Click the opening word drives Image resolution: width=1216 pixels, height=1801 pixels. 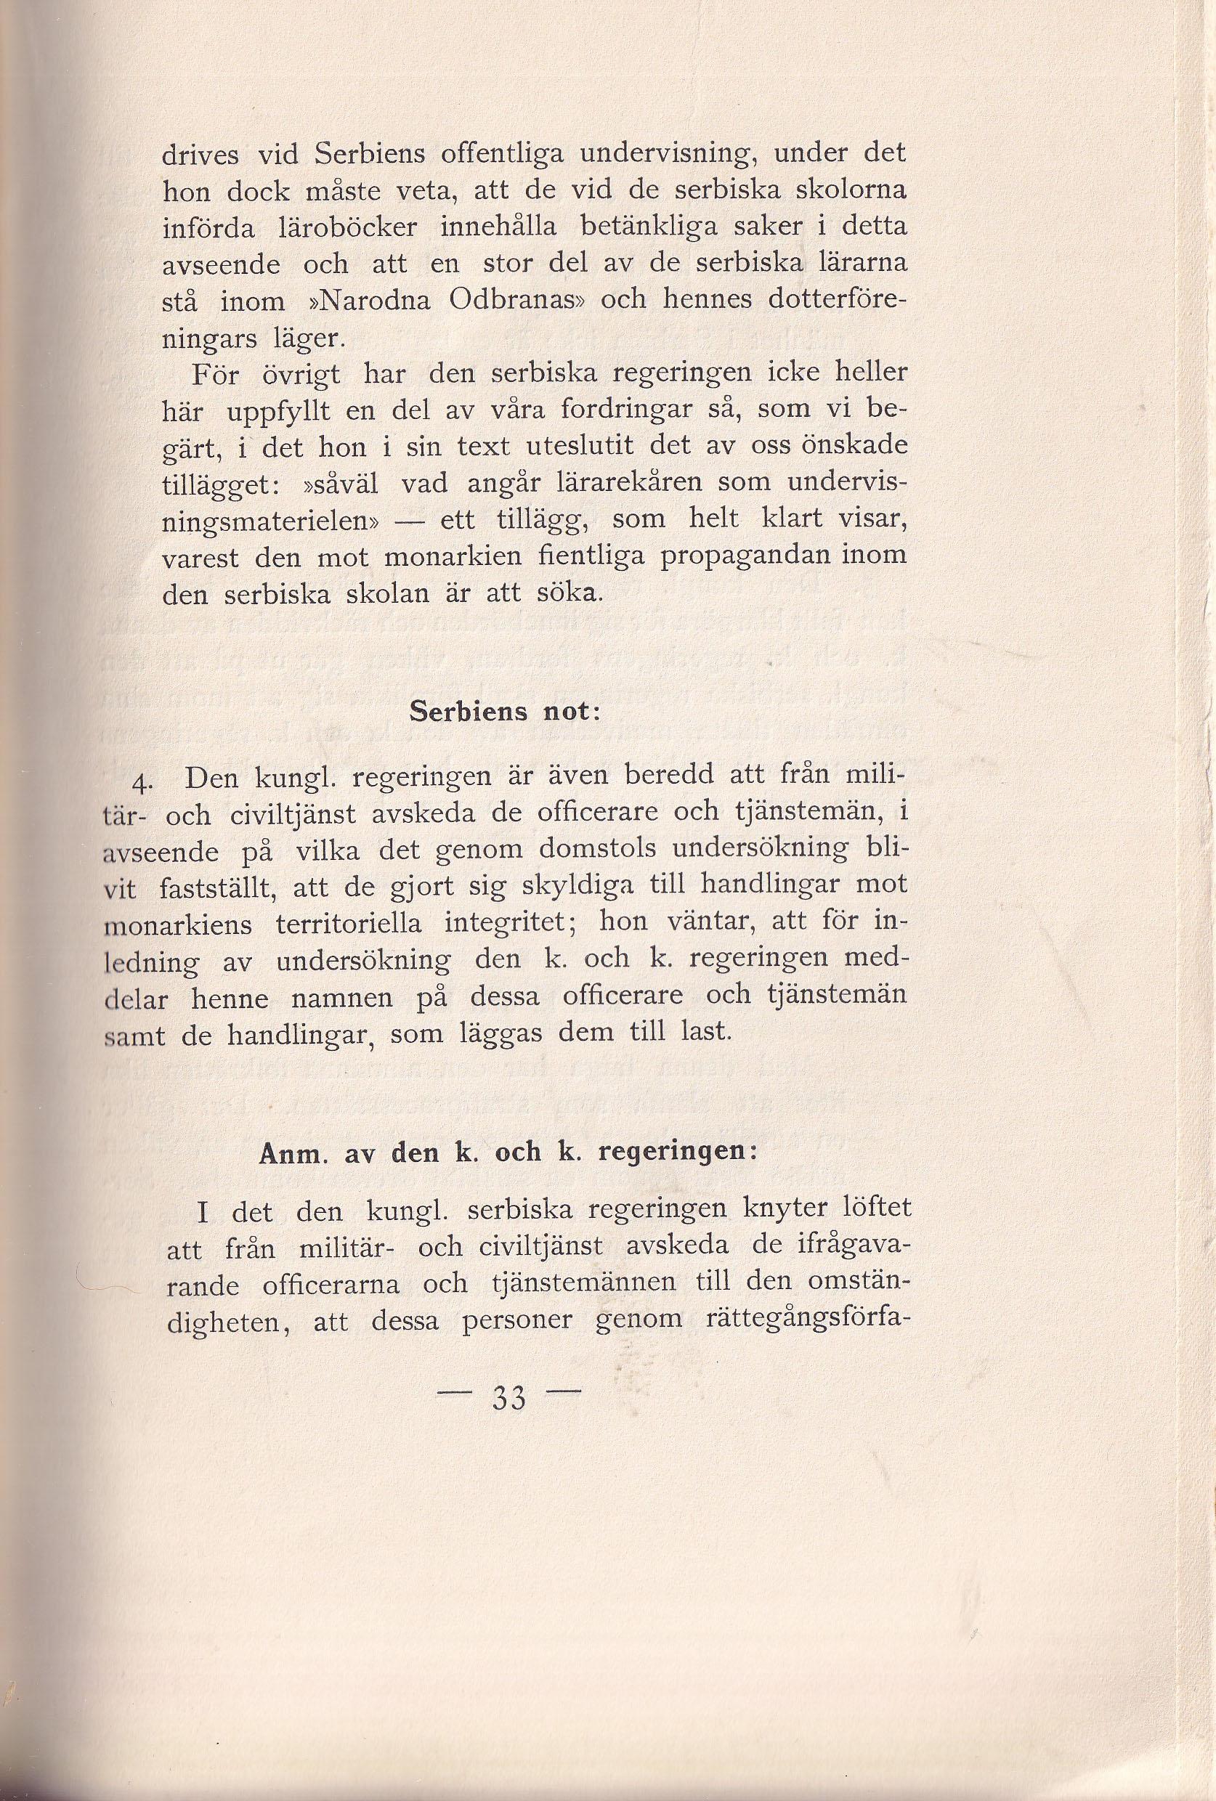[200, 154]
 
